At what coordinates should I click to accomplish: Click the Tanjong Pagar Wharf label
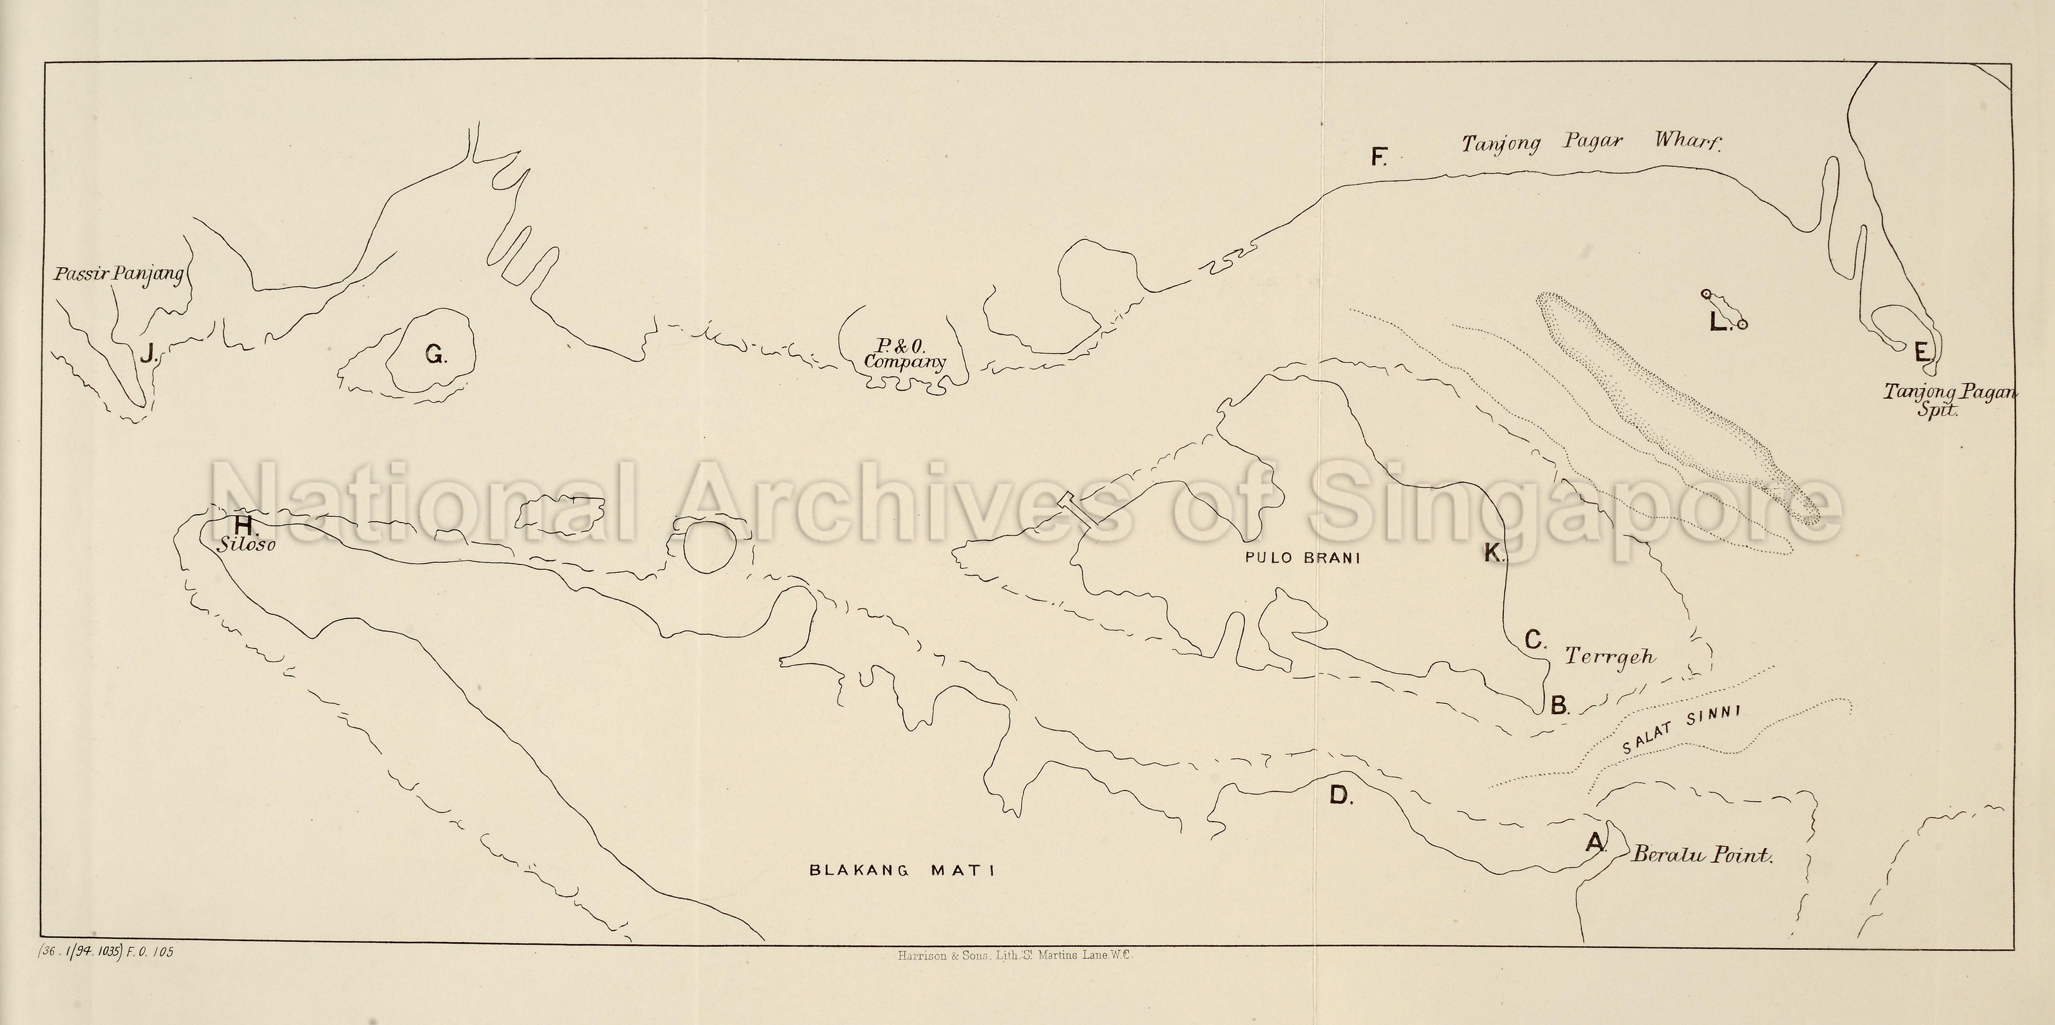pyautogui.click(x=1592, y=143)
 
